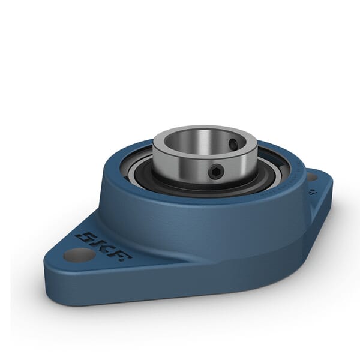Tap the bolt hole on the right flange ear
(x=311, y=178)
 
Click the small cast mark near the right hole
(x=312, y=194)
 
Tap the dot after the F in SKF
(x=128, y=259)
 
